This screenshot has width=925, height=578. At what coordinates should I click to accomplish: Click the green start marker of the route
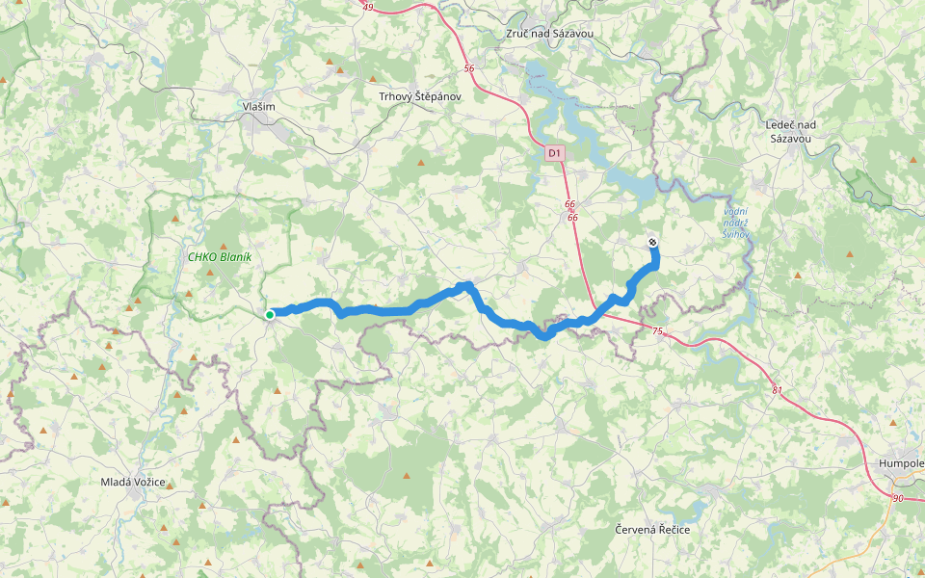pyautogui.click(x=271, y=314)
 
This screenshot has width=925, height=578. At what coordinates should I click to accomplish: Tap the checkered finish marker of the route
pyautogui.click(x=653, y=243)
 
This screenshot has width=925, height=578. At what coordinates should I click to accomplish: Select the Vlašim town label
pyautogui.click(x=258, y=107)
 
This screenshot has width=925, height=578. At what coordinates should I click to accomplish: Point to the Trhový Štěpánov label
pyautogui.click(x=420, y=96)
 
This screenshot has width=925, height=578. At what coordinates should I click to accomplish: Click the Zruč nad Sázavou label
pyautogui.click(x=549, y=34)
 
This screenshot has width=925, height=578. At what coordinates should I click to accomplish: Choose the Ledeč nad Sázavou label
pyautogui.click(x=790, y=132)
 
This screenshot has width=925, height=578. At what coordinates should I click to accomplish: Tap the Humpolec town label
pyautogui.click(x=901, y=462)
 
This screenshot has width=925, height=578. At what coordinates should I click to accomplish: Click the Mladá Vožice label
pyautogui.click(x=133, y=482)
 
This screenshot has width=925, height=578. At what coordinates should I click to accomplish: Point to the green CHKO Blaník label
pyautogui.click(x=220, y=257)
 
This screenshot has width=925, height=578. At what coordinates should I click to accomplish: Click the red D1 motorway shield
pyautogui.click(x=554, y=152)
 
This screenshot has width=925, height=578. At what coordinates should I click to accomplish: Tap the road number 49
pyautogui.click(x=369, y=7)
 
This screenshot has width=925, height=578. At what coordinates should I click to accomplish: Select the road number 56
pyautogui.click(x=469, y=68)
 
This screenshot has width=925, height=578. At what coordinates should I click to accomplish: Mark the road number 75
pyautogui.click(x=657, y=331)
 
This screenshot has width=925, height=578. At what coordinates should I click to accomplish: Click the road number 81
pyautogui.click(x=778, y=390)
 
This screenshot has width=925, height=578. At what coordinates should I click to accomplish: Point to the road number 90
pyautogui.click(x=897, y=498)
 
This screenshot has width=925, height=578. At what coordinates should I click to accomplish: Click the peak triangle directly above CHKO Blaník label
pyautogui.click(x=225, y=247)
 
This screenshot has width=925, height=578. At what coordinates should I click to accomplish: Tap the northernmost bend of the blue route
pyautogui.click(x=467, y=284)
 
